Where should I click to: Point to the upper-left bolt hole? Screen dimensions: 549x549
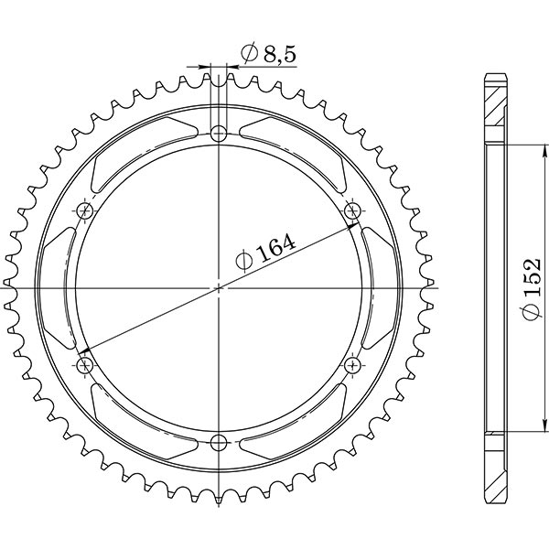pos(87,211)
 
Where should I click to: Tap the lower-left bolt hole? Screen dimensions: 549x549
pos(87,366)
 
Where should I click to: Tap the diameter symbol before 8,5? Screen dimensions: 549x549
pos(248,57)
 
